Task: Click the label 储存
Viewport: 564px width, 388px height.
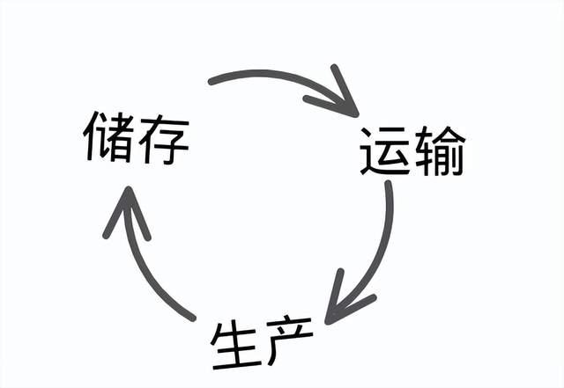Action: coord(136,137)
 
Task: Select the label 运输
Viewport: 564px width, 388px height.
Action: coord(412,151)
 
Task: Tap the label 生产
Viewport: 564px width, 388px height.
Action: coord(262,342)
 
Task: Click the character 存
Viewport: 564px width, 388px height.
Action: coord(164,140)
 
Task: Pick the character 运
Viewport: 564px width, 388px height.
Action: coord(385,151)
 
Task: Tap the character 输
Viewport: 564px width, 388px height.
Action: coord(441,151)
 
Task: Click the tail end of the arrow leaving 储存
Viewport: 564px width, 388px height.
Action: coord(211,82)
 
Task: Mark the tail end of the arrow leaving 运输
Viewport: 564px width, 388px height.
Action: coord(388,184)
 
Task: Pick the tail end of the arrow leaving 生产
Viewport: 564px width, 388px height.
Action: coord(192,318)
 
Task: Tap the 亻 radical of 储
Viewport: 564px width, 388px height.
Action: coord(92,136)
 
